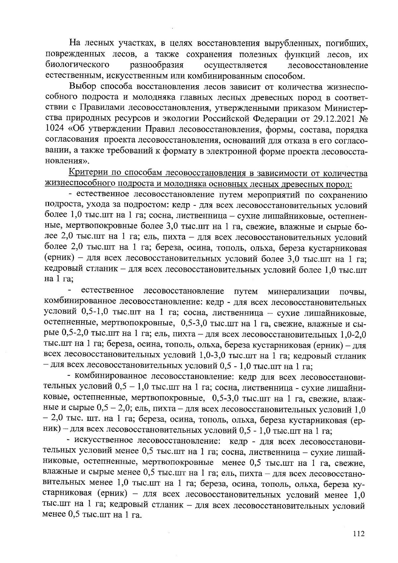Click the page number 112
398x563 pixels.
tap(359, 533)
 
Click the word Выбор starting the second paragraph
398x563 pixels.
tap(83, 87)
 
